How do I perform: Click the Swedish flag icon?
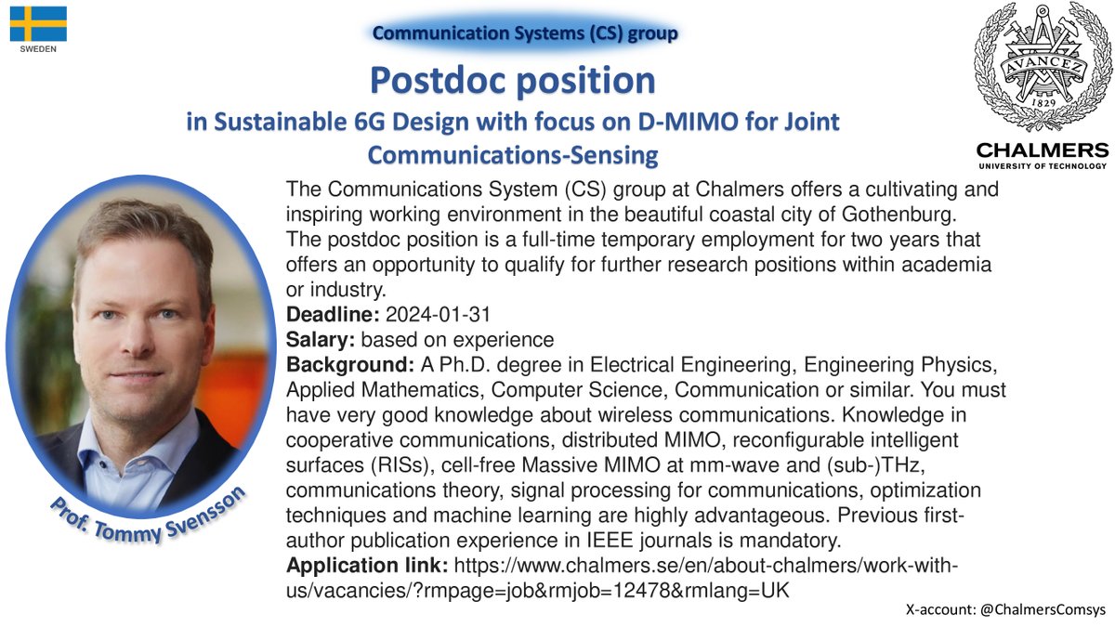pyautogui.click(x=38, y=23)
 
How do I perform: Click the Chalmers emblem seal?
pyautogui.click(x=1041, y=68)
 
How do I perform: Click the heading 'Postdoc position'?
pyautogui.click(x=513, y=81)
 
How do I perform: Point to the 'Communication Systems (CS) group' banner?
pyautogui.click(x=525, y=33)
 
